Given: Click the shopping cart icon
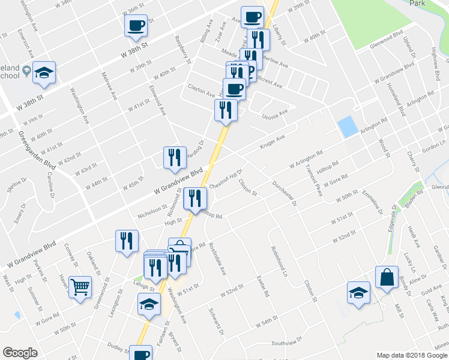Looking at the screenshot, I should click(x=80, y=286).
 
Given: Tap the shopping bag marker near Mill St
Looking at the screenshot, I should click(x=387, y=277).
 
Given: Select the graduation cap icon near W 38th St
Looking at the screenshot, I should click(x=44, y=73).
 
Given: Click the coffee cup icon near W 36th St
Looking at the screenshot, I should click(x=136, y=25).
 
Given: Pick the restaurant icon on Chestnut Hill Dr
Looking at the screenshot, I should click(x=195, y=198).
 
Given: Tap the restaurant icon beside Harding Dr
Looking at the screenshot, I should click(x=175, y=157).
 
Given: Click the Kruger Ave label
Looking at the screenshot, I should click(x=272, y=142).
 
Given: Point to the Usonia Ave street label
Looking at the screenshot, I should click(x=275, y=113).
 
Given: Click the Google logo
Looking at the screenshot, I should click(x=20, y=352).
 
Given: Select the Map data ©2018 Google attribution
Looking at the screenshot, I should click(x=412, y=355).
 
